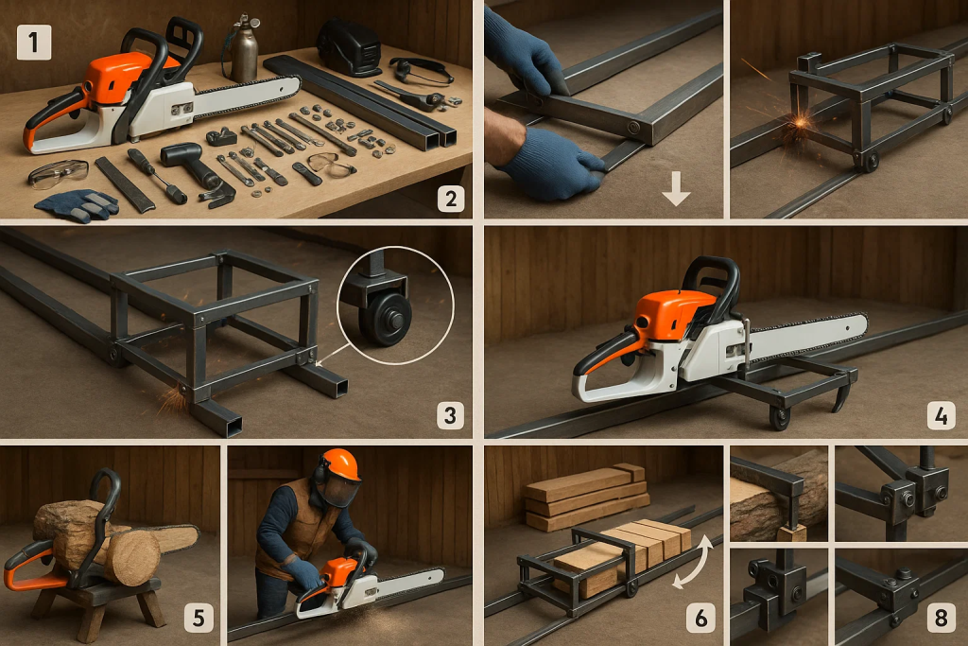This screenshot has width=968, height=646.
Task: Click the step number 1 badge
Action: pos(34,43)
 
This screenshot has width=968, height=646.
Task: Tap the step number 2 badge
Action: pos(451,199)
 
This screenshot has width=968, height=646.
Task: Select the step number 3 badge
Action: pos(450,415)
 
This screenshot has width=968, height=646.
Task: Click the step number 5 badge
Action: pos(199,618)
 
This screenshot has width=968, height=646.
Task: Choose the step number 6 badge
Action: pos(700,618)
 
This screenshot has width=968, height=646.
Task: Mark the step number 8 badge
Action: pos(941,618)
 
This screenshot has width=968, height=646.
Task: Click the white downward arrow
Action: pos(676,189)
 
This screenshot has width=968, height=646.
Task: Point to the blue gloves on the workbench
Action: pos(78,204)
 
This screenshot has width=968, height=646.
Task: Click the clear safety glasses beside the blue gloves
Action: pos(58,173)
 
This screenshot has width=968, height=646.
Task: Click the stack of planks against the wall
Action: pos(585,498)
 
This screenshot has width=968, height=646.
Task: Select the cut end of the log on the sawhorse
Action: pos(133,558)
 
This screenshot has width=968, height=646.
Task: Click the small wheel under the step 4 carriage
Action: pos(780,417)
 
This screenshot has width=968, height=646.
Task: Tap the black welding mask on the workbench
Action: pos(350,47)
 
